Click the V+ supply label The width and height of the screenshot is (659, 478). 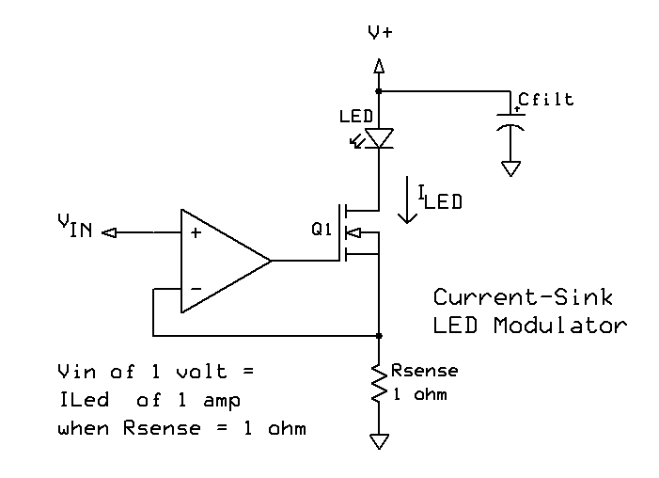pyautogui.click(x=380, y=32)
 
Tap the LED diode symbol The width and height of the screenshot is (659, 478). pyautogui.click(x=379, y=138)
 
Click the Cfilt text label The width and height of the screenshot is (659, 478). pyautogui.click(x=546, y=100)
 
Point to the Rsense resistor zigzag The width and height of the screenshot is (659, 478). pyautogui.click(x=379, y=383)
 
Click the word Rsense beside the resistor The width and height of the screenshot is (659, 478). pyautogui.click(x=425, y=371)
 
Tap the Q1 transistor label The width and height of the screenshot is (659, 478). pyautogui.click(x=322, y=230)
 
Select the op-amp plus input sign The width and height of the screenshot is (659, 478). pyautogui.click(x=196, y=232)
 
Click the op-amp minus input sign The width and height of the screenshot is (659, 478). pyautogui.click(x=196, y=289)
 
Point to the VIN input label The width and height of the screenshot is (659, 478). pyautogui.click(x=75, y=226)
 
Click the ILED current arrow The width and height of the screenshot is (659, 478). pyautogui.click(x=407, y=199)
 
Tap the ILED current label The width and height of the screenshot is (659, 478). pyautogui.click(x=440, y=198)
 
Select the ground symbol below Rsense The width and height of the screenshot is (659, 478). pyautogui.click(x=379, y=441)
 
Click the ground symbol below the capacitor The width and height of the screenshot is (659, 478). pyautogui.click(x=510, y=168)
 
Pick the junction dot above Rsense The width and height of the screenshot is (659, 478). pyautogui.click(x=379, y=336)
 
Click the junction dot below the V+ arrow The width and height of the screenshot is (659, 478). pyautogui.click(x=379, y=91)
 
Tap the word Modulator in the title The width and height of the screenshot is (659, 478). pyautogui.click(x=560, y=326)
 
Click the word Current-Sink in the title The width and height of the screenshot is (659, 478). pyautogui.click(x=524, y=297)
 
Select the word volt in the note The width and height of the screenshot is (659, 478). pyautogui.click(x=202, y=372)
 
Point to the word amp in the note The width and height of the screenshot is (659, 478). pyautogui.click(x=222, y=401)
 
